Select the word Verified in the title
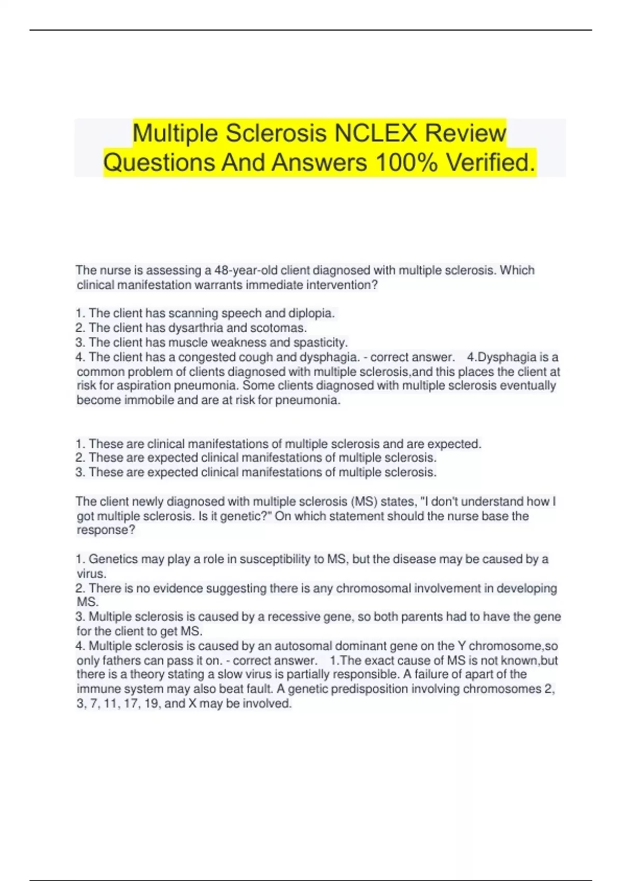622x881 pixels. pyautogui.click(x=490, y=163)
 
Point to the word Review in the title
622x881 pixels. pyautogui.click(x=465, y=133)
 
